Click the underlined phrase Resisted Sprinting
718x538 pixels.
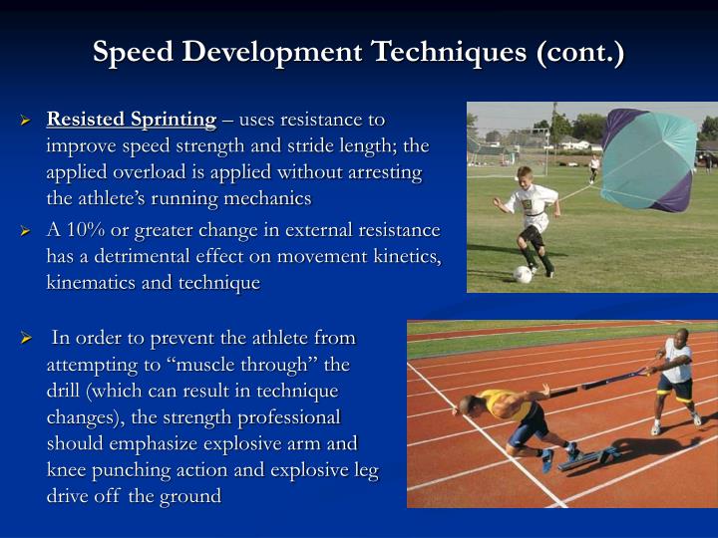pos(132,120)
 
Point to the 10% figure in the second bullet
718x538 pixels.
pos(85,230)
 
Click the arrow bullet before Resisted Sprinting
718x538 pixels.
pos(28,121)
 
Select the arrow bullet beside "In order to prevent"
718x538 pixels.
pos(28,339)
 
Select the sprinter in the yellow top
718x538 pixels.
pos(509,413)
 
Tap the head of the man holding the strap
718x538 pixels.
pos(681,339)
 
